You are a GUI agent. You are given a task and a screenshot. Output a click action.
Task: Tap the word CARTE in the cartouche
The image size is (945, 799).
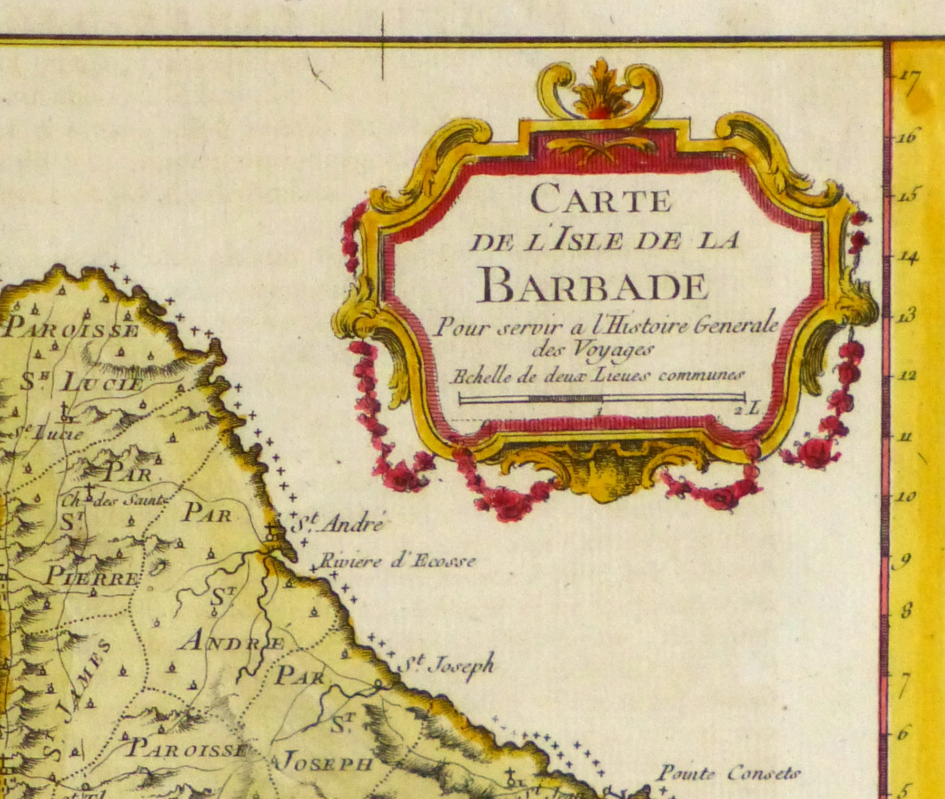point(601,200)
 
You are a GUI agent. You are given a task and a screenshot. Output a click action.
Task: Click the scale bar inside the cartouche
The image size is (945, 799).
point(602,398)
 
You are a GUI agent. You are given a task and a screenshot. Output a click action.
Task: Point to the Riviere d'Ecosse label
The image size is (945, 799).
point(397,562)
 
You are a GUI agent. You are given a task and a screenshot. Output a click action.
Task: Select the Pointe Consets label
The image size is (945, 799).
point(729,774)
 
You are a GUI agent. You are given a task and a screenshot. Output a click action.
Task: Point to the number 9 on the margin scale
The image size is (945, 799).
point(904,561)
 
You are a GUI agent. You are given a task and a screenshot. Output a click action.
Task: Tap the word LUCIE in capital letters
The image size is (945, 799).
point(102,383)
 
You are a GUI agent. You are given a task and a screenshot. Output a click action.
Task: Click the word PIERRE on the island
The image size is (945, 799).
point(92,577)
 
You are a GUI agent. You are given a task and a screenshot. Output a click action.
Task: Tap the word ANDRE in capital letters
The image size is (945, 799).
point(232,642)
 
